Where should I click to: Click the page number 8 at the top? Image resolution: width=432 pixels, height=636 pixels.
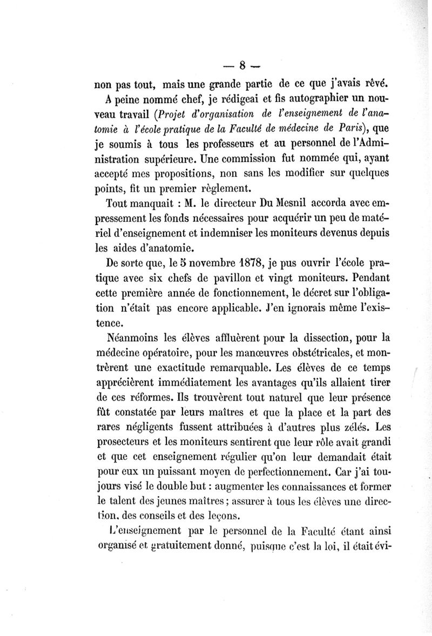coord(242,66)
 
